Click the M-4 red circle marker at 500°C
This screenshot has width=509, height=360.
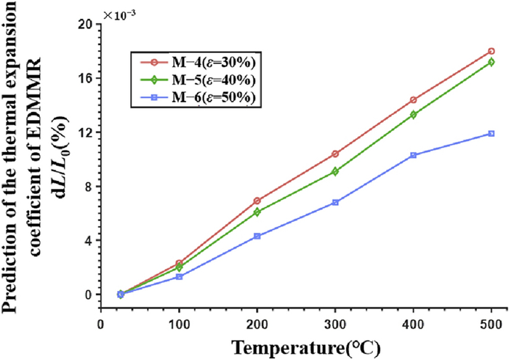(491, 51)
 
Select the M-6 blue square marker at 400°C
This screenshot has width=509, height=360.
(413, 155)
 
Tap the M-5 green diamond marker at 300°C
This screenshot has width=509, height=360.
(335, 172)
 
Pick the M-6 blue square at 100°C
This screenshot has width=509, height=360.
(179, 276)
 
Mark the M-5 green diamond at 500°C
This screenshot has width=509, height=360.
(491, 62)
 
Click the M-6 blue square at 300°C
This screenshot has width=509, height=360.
(335, 202)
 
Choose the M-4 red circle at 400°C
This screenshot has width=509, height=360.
(413, 100)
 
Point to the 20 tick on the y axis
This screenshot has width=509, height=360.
(85, 24)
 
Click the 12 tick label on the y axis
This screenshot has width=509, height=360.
(85, 132)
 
